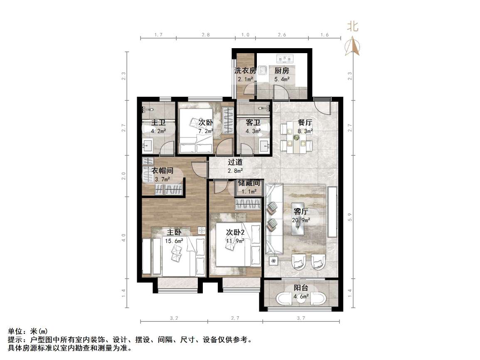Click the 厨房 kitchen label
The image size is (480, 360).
coord(281,71)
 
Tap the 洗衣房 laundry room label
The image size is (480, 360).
coord(245,71)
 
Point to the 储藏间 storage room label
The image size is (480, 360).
coord(249,183)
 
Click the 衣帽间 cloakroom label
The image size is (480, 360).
coord(162,171)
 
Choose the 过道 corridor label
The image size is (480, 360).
coord(235,162)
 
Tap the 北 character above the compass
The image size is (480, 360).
coord(352,27)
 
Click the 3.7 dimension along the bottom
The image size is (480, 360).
coord(301,318)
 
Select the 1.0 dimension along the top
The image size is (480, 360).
coord(245,35)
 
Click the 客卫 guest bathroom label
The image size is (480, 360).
coord(253,123)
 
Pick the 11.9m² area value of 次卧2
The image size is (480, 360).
coord(234,240)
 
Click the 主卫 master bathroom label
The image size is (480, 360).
coord(158,123)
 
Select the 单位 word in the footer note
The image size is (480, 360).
coord(15,331)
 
